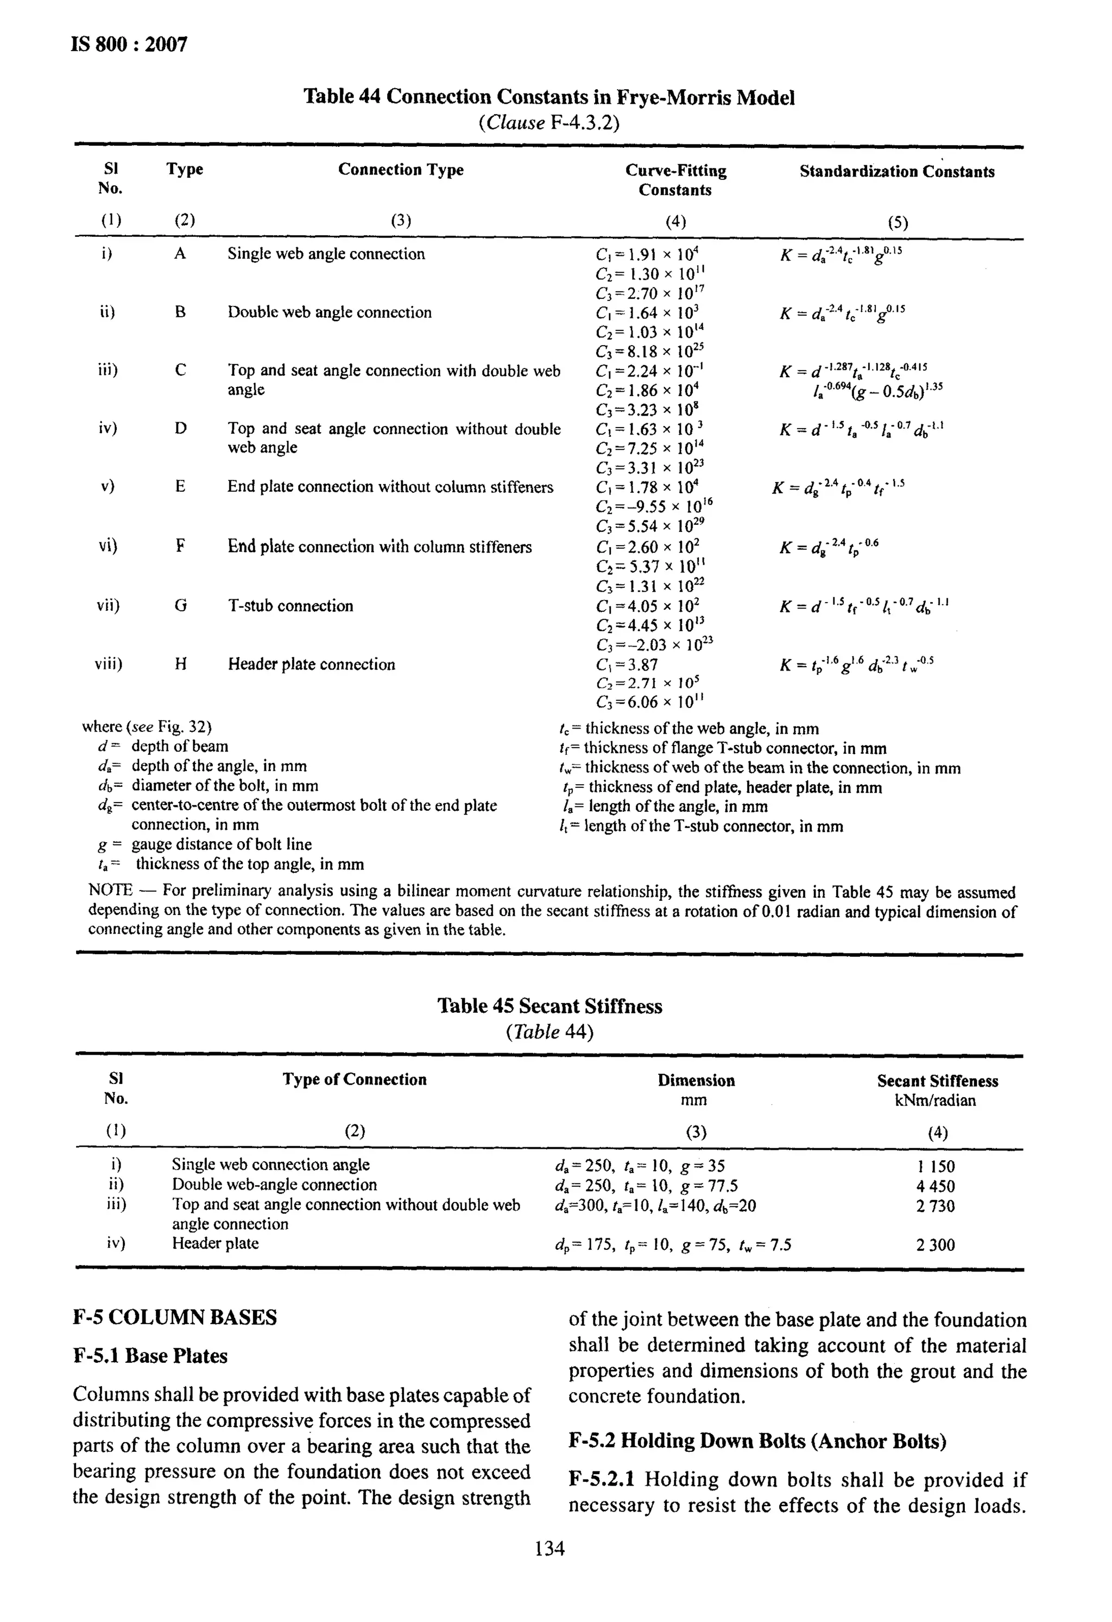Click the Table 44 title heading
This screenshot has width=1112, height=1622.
(x=548, y=97)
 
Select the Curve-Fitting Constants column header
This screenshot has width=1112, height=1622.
(x=675, y=180)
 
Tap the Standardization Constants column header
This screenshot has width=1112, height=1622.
(x=897, y=172)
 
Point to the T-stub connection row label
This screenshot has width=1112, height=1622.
(x=290, y=606)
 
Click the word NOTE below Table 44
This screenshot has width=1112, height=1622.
(x=110, y=891)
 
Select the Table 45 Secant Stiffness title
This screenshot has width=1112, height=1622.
(x=549, y=1006)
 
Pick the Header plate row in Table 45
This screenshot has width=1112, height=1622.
(x=215, y=1243)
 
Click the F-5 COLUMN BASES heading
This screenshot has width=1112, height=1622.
(x=174, y=1318)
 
